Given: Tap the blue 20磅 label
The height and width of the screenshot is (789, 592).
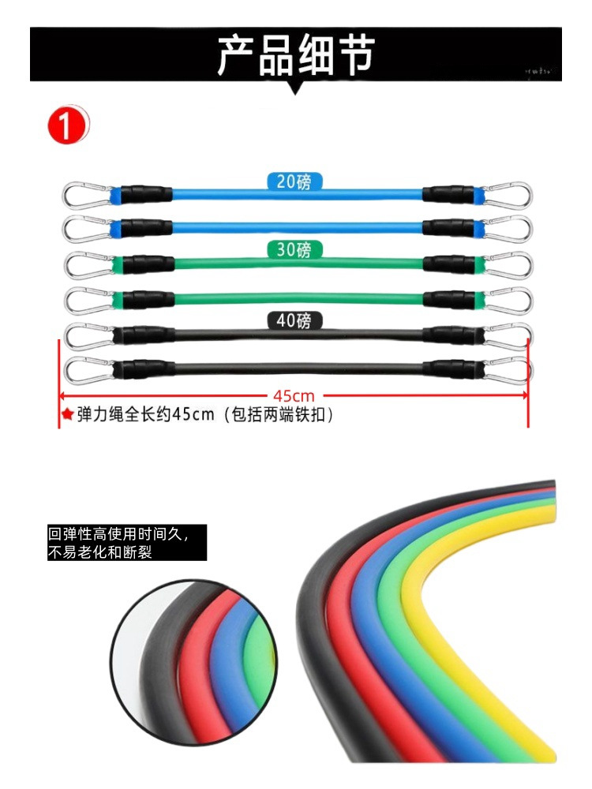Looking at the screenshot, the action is (x=294, y=181).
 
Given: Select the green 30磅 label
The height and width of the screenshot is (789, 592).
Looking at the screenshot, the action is (x=294, y=251).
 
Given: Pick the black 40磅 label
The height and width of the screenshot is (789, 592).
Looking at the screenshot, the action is (x=294, y=320).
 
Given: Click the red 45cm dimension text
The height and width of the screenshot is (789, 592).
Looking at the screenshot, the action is (x=294, y=395).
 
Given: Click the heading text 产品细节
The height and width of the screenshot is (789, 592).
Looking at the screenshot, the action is (x=295, y=55).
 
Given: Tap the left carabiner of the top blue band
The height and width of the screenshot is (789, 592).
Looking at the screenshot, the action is (x=85, y=194).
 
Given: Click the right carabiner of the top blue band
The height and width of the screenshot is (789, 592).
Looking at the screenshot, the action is (x=507, y=194).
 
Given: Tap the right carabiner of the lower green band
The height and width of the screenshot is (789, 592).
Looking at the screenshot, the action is (x=507, y=300).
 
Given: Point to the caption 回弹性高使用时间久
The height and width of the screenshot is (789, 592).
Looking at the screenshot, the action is (x=118, y=534).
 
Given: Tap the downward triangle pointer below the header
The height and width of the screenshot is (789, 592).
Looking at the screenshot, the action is (x=295, y=88).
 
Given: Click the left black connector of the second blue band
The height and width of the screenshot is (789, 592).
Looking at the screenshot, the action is (x=142, y=229).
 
